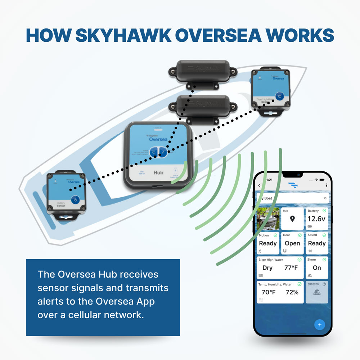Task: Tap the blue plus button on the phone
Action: point(319,324)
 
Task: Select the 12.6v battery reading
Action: point(316,219)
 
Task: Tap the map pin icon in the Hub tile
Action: point(292,219)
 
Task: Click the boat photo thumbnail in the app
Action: point(268,219)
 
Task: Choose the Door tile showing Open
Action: point(292,243)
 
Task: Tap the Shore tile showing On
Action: point(317,267)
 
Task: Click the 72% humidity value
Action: point(292,292)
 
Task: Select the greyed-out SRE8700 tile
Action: point(317,292)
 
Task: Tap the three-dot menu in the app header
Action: point(327,185)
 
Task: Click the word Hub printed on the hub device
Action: point(158,172)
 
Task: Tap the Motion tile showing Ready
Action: point(268,243)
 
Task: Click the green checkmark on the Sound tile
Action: point(324,235)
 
